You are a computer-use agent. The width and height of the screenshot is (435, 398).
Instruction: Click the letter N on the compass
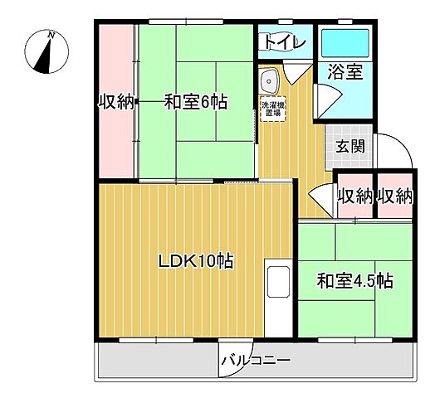point(51,36)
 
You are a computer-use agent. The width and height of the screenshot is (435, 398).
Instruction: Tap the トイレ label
point(285,41)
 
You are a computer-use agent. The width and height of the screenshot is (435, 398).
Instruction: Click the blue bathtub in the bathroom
point(345,41)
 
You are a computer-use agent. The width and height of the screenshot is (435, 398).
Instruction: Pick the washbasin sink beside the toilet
point(271,81)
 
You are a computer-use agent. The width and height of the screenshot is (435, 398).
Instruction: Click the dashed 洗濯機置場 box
point(273,109)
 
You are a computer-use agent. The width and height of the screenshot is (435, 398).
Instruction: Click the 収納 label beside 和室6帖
point(117,103)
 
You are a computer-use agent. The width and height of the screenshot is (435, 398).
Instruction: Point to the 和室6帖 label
point(196,103)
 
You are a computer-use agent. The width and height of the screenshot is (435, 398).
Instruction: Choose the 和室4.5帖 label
point(354,281)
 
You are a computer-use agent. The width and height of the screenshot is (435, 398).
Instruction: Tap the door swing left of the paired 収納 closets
point(322,200)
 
